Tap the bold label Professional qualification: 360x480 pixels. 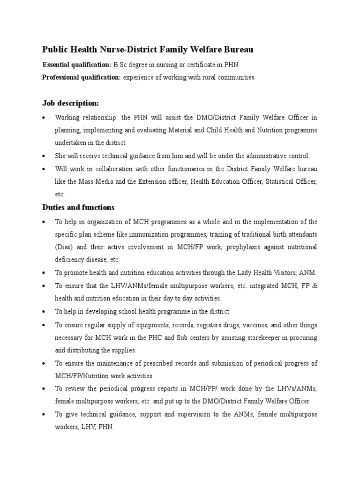tap(82, 78)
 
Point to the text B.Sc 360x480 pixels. tap(120, 65)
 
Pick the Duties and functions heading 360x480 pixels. tap(78, 207)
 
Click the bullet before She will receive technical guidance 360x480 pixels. tap(44, 156)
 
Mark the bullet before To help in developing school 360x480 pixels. tap(44, 311)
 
